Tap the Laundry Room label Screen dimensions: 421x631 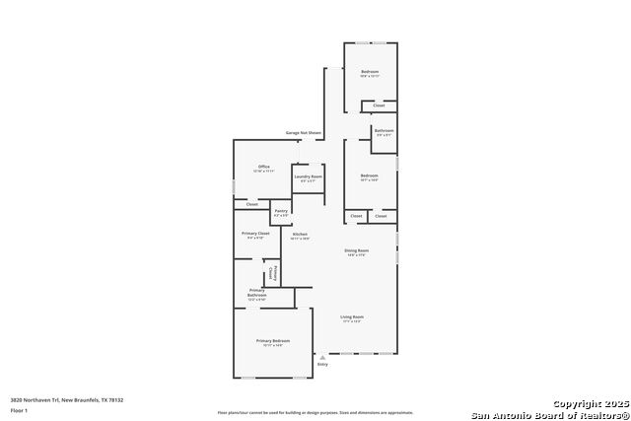[308, 177]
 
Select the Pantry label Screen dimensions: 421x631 [281, 212]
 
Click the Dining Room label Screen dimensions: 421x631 [356, 252]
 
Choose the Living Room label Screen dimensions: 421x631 [351, 318]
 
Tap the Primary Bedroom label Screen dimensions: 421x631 [273, 342]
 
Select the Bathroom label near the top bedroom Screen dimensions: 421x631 [384, 132]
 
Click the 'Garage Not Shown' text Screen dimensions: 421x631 [304, 132]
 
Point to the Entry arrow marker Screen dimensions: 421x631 [321, 355]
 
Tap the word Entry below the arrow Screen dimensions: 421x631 [321, 364]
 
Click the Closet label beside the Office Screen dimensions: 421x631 [251, 204]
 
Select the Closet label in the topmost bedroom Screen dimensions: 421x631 [379, 105]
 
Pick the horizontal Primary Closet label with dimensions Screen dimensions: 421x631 [255, 235]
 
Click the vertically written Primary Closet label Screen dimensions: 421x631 [275, 274]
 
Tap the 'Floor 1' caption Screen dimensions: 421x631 [19, 409]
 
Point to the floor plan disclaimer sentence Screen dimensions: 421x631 [315, 412]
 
